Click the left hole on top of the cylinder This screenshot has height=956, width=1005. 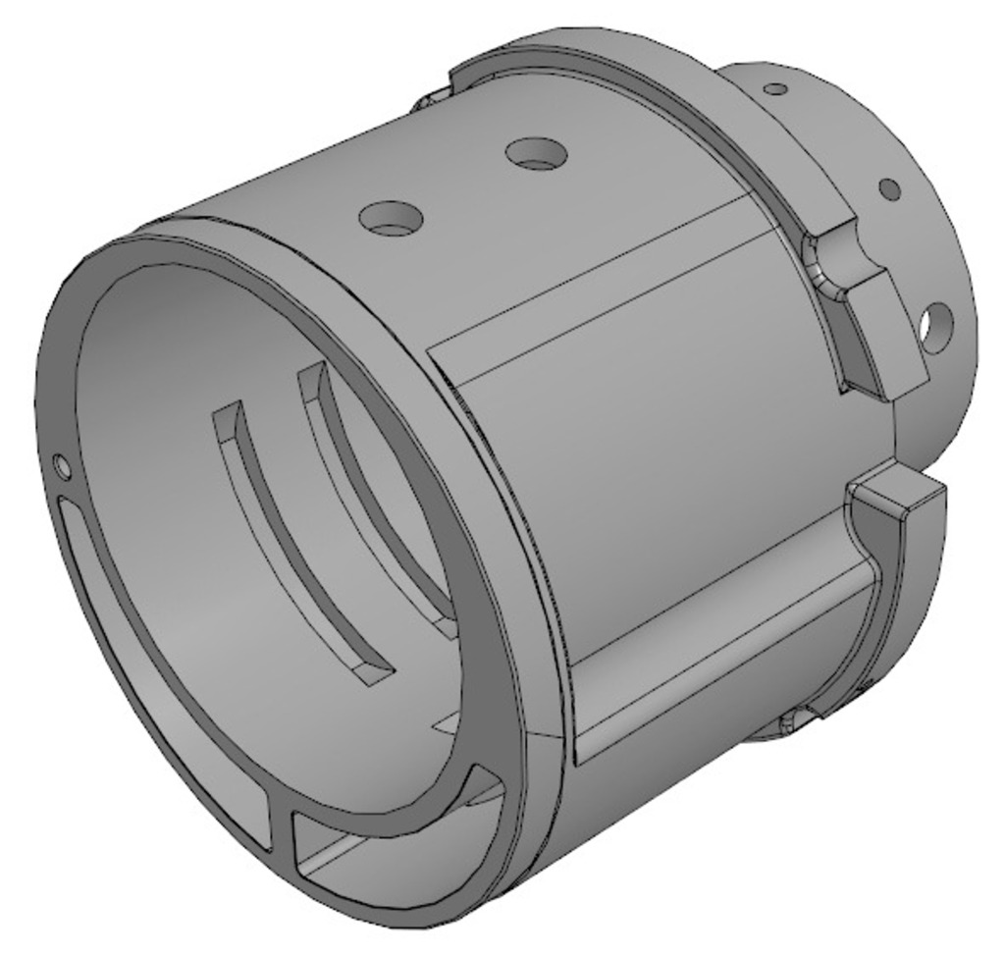pyautogui.click(x=391, y=218)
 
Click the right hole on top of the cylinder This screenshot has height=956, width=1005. pyautogui.click(x=536, y=153)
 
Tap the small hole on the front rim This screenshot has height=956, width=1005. pyautogui.click(x=62, y=466)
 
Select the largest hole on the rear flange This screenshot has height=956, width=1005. pyautogui.click(x=936, y=328)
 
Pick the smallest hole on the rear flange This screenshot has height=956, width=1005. pyautogui.click(x=775, y=89)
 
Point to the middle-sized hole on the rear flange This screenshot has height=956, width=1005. pyautogui.click(x=888, y=188)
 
